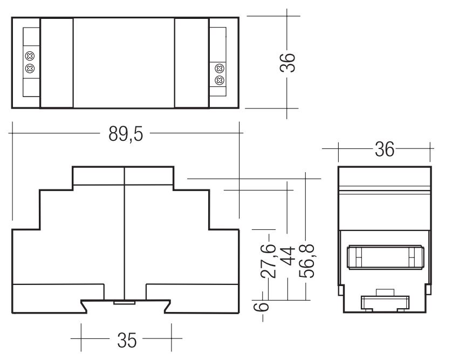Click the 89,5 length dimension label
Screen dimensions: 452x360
click(126, 134)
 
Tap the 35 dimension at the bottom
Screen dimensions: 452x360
click(127, 341)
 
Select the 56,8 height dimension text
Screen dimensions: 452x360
click(307, 261)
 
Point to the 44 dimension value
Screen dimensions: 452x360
click(287, 256)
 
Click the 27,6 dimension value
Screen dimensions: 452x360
click(269, 261)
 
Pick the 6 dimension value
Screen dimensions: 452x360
click(261, 307)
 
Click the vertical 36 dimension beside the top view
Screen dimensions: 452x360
click(287, 62)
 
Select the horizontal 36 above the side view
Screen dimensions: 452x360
click(384, 150)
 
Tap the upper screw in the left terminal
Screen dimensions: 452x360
click(30, 56)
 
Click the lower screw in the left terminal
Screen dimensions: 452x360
click(30, 69)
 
